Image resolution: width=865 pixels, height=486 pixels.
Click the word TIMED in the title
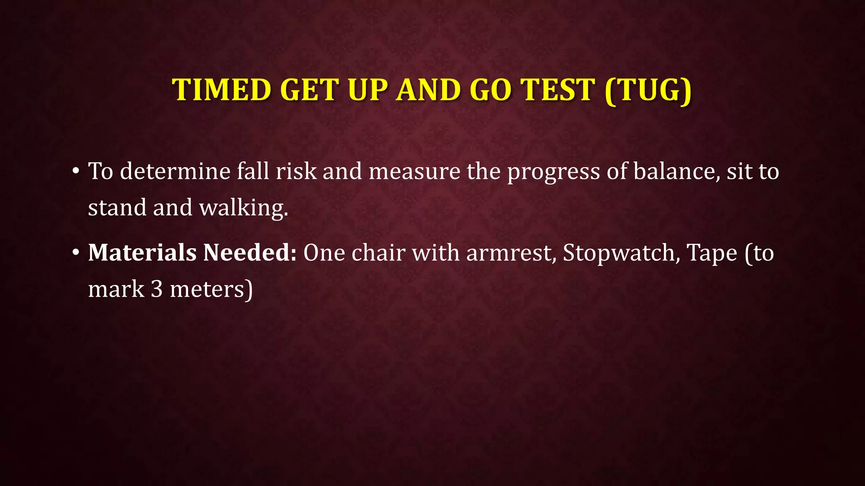pyautogui.click(x=221, y=90)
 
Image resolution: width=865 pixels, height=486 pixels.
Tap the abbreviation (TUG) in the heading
pyautogui.click(x=648, y=90)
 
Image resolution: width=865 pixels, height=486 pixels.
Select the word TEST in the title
pyautogui.click(x=558, y=90)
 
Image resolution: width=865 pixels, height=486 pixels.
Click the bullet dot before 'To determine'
pyautogui.click(x=76, y=171)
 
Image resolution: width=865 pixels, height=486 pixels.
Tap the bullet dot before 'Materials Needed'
pyautogui.click(x=76, y=253)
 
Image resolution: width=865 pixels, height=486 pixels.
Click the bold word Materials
pyautogui.click(x=142, y=253)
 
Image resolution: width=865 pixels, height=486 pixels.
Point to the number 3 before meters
pyautogui.click(x=157, y=289)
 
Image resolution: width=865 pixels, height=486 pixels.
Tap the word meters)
pyautogui.click(x=211, y=289)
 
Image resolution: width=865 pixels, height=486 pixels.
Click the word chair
pyautogui.click(x=378, y=253)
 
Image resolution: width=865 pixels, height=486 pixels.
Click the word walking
pyautogui.click(x=244, y=208)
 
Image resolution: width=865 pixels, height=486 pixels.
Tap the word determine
pyautogui.click(x=175, y=171)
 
